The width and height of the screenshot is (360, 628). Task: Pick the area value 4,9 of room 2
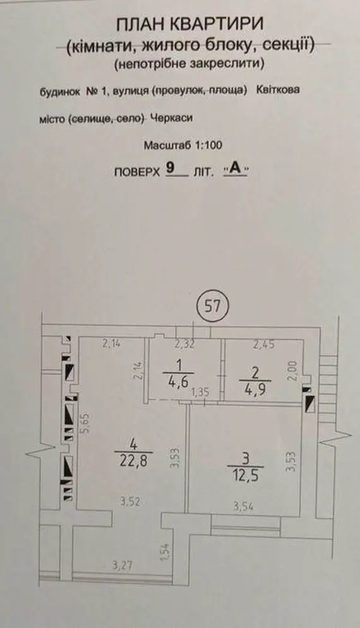[256, 389]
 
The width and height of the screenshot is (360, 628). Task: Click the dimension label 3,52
[129, 501]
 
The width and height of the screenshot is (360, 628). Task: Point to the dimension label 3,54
[243, 507]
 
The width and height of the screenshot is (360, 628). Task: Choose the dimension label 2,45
[263, 344]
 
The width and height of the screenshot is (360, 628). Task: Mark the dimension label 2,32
[185, 344]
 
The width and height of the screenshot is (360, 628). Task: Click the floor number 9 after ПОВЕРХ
[170, 168]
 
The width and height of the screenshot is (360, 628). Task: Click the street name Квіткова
[277, 90]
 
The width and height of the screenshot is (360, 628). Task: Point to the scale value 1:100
[208, 145]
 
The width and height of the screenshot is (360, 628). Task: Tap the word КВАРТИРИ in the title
[217, 25]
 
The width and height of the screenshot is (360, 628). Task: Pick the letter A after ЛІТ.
[236, 169]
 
